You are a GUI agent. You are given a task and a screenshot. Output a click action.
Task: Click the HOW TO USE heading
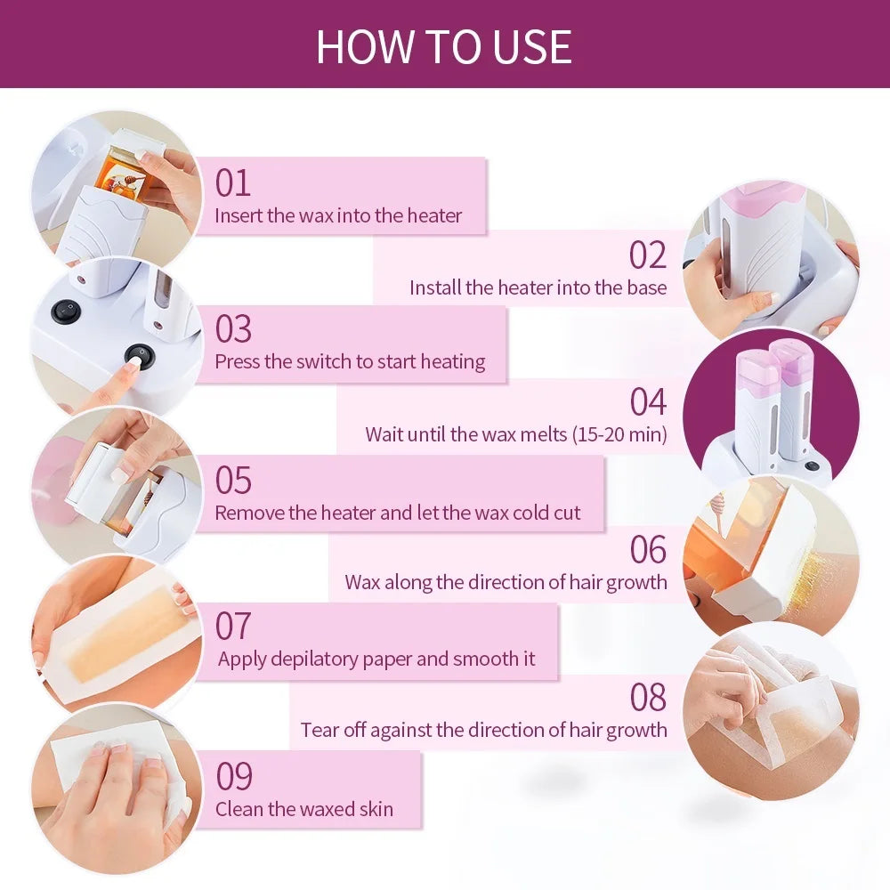(x=443, y=46)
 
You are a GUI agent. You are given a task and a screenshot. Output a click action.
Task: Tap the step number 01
(x=233, y=182)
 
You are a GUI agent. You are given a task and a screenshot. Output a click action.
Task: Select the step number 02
(x=647, y=255)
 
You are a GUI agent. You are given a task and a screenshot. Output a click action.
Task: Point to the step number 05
(x=233, y=481)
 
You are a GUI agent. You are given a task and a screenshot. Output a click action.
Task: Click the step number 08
(x=647, y=698)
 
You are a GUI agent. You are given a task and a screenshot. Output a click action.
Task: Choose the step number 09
(x=234, y=777)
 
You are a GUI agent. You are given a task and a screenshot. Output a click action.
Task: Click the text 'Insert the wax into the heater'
(x=338, y=215)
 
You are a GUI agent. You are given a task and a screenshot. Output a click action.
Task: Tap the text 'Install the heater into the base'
(x=538, y=287)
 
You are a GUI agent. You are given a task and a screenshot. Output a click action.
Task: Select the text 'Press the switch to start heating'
(x=350, y=361)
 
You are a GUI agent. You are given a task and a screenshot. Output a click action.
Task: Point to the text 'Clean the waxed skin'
(x=303, y=809)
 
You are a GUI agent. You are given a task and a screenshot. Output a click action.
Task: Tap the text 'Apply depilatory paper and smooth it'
(x=376, y=659)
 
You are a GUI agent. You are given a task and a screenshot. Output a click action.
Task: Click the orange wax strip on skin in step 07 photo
(x=120, y=636)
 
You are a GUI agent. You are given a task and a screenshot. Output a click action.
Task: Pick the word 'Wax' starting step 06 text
(x=362, y=583)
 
